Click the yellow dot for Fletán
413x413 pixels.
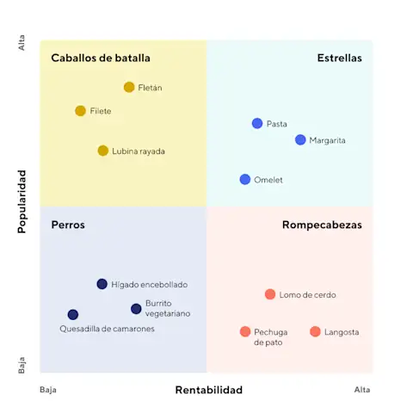[129, 87]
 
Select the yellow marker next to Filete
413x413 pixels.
[81, 111]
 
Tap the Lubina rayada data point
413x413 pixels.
[103, 151]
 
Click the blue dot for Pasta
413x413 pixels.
[257, 124]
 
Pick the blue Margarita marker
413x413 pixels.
[300, 139]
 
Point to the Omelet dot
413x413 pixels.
[245, 180]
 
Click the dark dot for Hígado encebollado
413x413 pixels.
[102, 284]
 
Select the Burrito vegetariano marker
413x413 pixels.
[136, 309]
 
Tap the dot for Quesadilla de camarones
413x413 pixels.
[73, 315]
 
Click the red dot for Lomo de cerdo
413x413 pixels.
[270, 294]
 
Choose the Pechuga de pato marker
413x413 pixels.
[245, 332]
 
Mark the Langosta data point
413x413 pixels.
[315, 332]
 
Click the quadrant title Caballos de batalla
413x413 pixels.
[101, 59]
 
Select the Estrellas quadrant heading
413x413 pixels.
[339, 59]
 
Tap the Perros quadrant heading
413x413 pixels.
[68, 225]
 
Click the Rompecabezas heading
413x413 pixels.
[322, 225]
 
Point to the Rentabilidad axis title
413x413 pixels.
[209, 390]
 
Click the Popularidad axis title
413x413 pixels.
[22, 201]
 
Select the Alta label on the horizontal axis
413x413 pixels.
[362, 390]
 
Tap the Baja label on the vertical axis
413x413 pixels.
[22, 365]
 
